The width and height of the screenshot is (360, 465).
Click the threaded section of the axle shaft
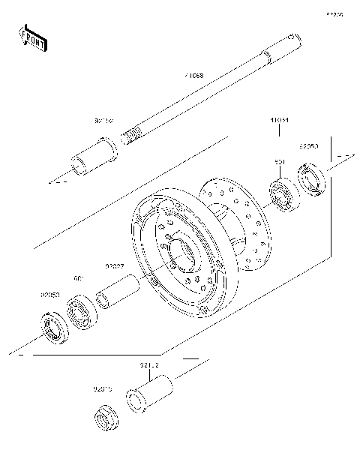[132, 136]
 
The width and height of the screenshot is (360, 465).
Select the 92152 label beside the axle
[104, 120]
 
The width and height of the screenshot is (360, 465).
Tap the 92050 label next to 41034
[310, 147]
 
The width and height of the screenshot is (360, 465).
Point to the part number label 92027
[114, 266]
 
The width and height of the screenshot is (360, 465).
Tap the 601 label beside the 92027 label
[77, 278]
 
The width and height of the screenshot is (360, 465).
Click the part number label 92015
[103, 388]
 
